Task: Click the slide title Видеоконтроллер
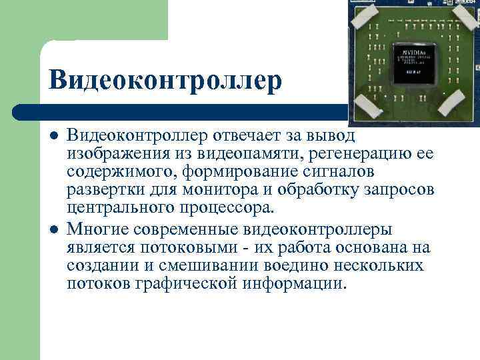click(165, 81)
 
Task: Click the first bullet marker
click(53, 136)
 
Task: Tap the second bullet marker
click(53, 229)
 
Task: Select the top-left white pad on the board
click(373, 21)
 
